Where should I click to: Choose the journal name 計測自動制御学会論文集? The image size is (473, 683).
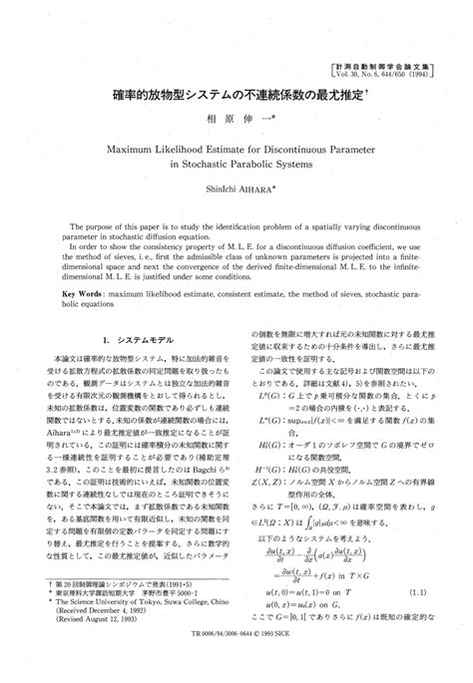click(396, 64)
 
